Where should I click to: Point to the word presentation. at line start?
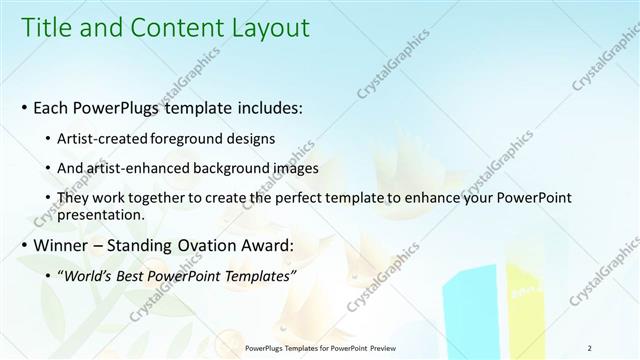(x=102, y=214)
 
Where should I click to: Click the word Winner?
(x=62, y=245)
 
